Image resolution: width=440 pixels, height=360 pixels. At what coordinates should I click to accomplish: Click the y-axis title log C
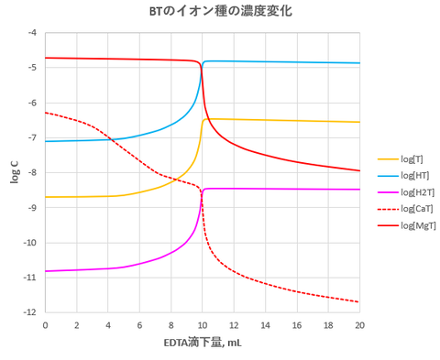click(14, 171)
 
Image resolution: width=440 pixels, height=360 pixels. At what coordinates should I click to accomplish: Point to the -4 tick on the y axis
click(34, 33)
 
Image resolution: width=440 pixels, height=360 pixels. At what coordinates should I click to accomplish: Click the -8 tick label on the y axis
click(34, 172)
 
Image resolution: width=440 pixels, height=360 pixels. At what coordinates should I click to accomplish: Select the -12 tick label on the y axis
click(32, 312)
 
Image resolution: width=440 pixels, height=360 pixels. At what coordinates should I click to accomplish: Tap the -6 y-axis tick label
click(34, 103)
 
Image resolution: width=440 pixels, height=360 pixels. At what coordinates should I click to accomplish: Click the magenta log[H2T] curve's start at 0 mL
click(45, 271)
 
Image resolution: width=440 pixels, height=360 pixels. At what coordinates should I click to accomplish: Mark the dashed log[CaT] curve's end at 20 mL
click(359, 302)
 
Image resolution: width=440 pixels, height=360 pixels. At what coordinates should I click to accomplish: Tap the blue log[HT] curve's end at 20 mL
click(359, 63)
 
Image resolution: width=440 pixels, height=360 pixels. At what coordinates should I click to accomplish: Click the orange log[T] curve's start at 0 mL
click(45, 197)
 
